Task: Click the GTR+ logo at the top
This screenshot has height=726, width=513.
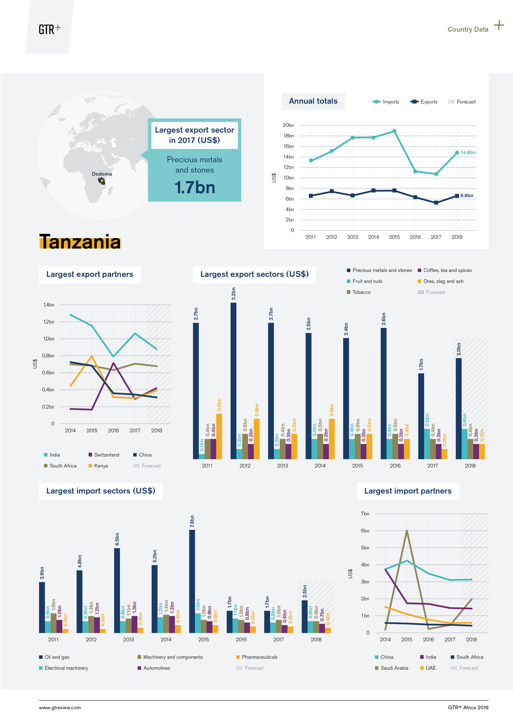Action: tap(49, 29)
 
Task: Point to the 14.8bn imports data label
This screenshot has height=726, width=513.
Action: tap(468, 152)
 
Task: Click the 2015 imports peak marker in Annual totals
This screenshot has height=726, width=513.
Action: tap(394, 131)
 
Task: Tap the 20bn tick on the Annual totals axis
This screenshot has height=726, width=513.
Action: tap(288, 125)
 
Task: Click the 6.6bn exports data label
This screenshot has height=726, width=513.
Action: tap(466, 195)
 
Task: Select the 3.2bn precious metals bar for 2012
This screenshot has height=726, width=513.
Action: tap(233, 379)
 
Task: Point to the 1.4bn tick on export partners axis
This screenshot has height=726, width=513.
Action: tap(49, 305)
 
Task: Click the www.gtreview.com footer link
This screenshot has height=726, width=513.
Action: tap(60, 708)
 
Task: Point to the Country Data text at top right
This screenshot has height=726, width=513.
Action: tap(467, 29)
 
